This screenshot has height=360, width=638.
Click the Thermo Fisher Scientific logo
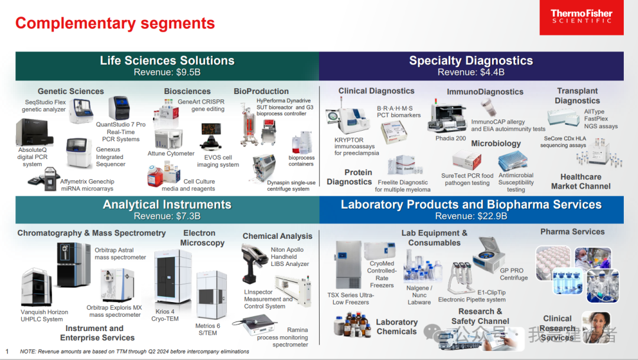[581, 17]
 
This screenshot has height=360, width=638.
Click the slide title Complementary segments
[115, 23]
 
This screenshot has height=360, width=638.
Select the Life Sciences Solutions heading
[167, 60]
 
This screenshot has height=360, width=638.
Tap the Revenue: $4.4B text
[471, 72]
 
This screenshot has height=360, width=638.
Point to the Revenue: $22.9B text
[471, 216]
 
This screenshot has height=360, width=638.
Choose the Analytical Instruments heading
[167, 205]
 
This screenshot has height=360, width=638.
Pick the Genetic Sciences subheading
[70, 91]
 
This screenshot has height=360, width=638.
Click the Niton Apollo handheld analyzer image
[255, 261]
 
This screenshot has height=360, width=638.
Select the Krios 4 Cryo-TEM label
[164, 315]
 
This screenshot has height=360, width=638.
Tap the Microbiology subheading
[496, 143]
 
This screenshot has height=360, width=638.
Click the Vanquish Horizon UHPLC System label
[44, 316]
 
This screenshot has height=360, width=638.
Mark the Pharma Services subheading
[572, 232]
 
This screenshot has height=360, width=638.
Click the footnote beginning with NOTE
[134, 351]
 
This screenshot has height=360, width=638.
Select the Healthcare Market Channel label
[580, 181]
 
